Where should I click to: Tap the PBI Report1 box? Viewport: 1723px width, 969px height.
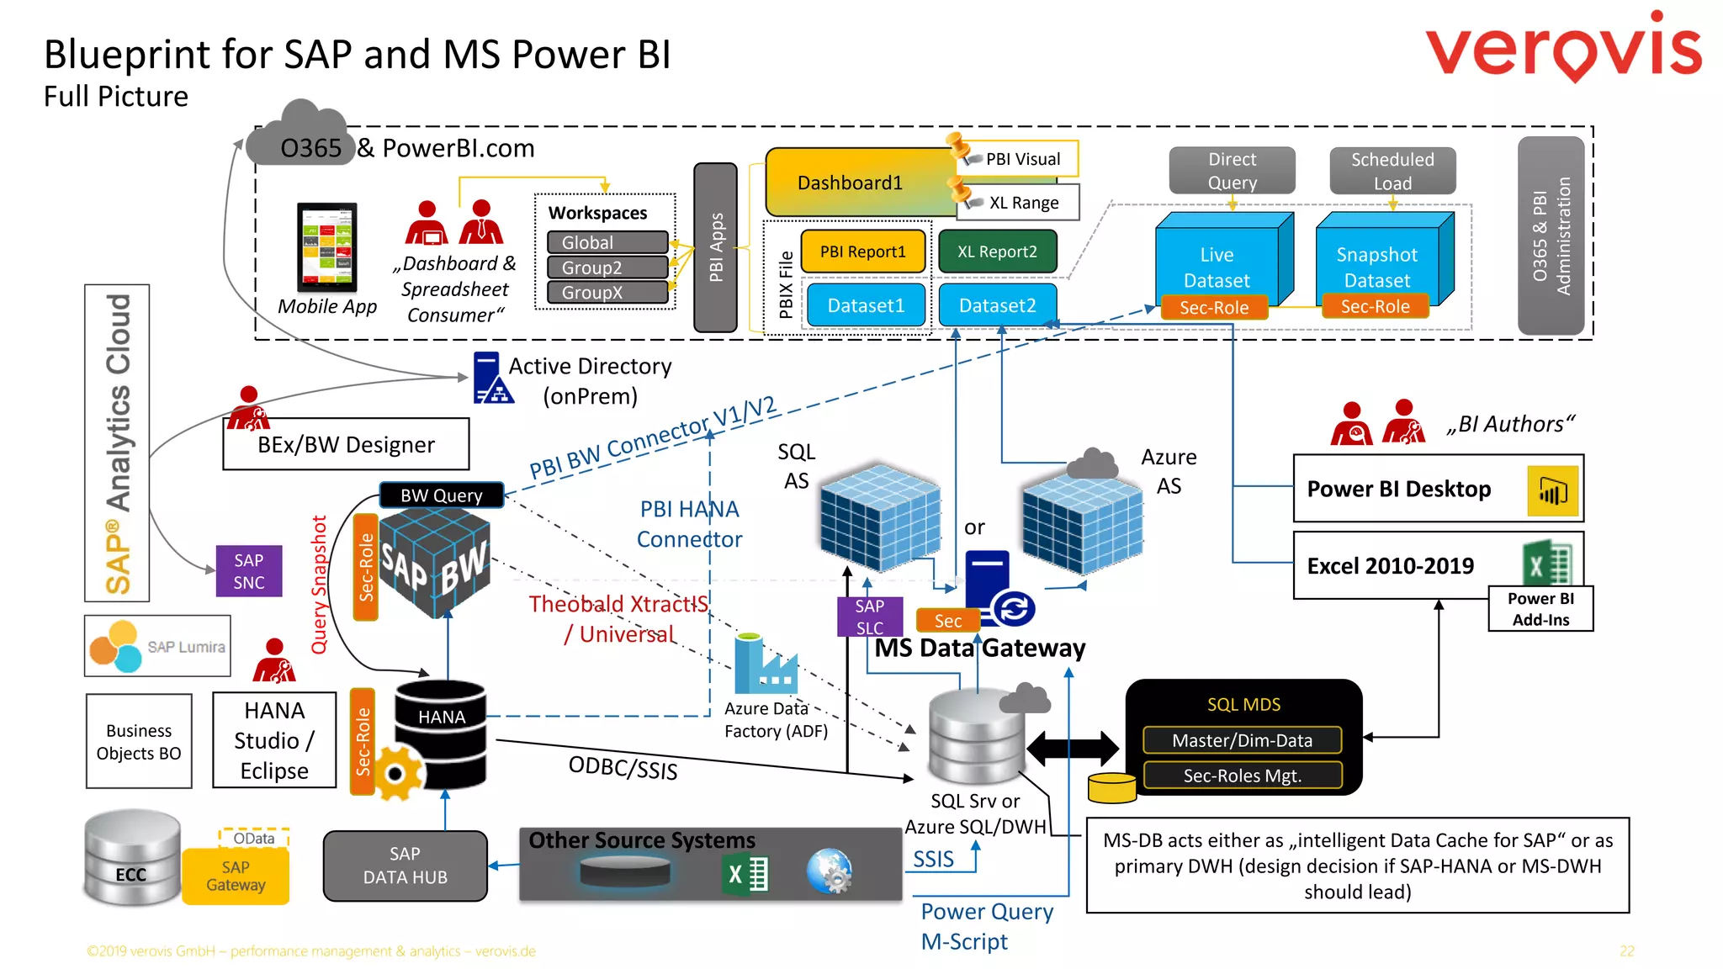coord(863,252)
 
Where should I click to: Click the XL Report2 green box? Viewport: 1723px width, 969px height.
coord(997,252)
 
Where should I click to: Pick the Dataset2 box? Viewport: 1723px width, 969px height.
coord(997,305)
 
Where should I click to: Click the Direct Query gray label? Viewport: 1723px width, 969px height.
coord(1232,171)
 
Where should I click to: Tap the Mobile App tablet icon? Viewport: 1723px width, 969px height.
coord(327,247)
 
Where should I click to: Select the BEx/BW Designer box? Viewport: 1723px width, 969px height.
coord(346,444)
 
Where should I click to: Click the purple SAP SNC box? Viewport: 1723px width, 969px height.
coord(248,571)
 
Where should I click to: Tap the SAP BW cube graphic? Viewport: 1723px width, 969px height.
coord(434,564)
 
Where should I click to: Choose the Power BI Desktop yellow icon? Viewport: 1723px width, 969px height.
coord(1552,490)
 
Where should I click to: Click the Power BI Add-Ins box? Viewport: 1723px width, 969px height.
coord(1540,609)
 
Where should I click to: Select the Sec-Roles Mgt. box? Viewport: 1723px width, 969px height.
coord(1242,776)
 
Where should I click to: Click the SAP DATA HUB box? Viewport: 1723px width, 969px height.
coord(405,866)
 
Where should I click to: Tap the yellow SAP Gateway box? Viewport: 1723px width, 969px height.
coord(236,876)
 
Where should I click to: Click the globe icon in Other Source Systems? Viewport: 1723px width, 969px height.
coord(830,871)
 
